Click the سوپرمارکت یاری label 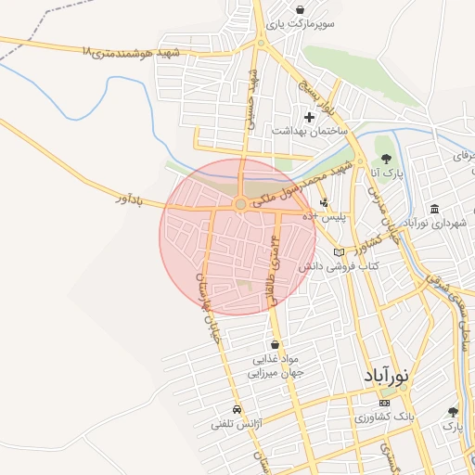point(299,27)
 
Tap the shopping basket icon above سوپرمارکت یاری point(300,10)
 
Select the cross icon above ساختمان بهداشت point(310,117)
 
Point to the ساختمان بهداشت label point(309,132)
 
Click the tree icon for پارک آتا point(385,158)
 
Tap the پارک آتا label point(383,173)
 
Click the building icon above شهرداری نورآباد point(434,209)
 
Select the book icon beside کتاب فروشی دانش point(339,252)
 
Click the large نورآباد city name point(383,377)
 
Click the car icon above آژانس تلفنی point(237,409)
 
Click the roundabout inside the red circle point(240,203)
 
